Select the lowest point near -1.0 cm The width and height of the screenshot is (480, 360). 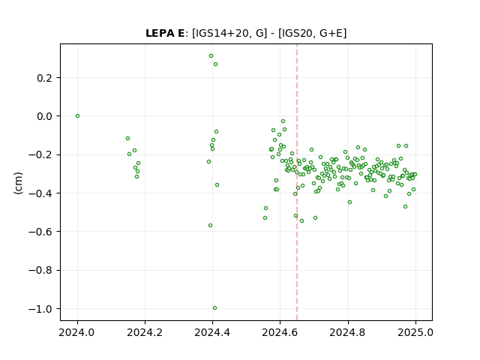pos(215,308)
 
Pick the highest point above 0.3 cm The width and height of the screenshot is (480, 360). pos(211,56)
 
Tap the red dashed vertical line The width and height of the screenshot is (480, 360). pos(297,182)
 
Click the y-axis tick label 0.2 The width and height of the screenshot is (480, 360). pos(44,78)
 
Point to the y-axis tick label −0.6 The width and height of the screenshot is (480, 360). pos(40,232)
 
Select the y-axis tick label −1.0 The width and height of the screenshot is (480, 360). pos(40,309)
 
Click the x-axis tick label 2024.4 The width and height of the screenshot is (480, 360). pos(212,332)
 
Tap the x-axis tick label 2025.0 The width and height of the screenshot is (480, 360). pos(415,332)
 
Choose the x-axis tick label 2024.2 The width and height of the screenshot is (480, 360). pos(145,332)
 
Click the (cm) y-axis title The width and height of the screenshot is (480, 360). pos(18,183)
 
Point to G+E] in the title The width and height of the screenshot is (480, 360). pos(333,33)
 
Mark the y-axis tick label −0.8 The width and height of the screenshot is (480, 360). pos(40,271)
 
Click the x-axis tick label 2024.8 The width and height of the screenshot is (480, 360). pos(347,332)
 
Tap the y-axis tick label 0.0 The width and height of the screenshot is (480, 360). pos(44,117)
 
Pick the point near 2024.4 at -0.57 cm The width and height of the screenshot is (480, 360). pos(210,225)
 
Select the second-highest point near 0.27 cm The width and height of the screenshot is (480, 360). pos(215,64)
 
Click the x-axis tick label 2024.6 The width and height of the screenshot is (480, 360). pos(280,332)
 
